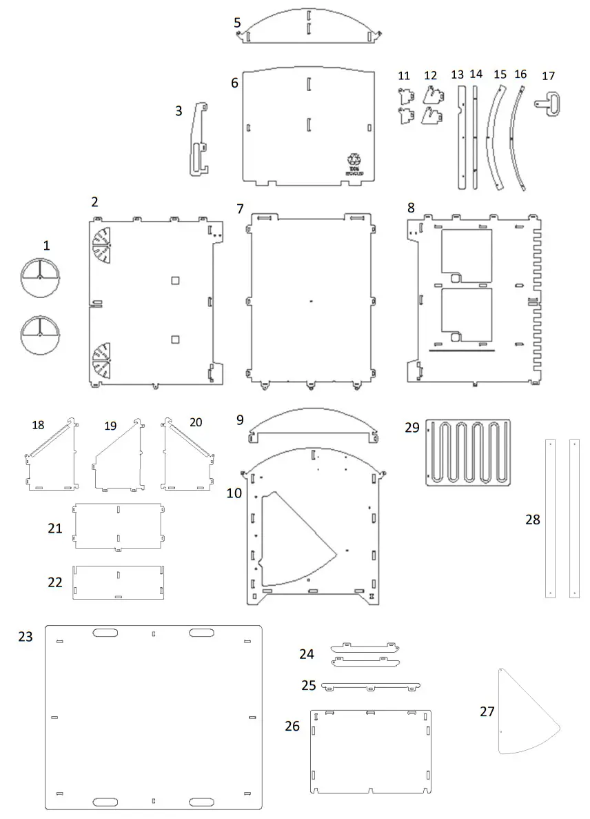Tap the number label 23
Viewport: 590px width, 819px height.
26,637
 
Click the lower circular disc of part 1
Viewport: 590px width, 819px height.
40,335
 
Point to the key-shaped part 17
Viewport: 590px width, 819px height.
551,104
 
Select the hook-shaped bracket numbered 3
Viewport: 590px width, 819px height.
199,141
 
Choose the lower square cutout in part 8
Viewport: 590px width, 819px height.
466,315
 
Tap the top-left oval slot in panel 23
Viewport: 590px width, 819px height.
105,633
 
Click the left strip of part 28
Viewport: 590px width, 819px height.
550,517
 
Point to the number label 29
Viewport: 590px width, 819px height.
412,428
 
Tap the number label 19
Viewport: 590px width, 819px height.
110,426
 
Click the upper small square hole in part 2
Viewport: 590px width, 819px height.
176,280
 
